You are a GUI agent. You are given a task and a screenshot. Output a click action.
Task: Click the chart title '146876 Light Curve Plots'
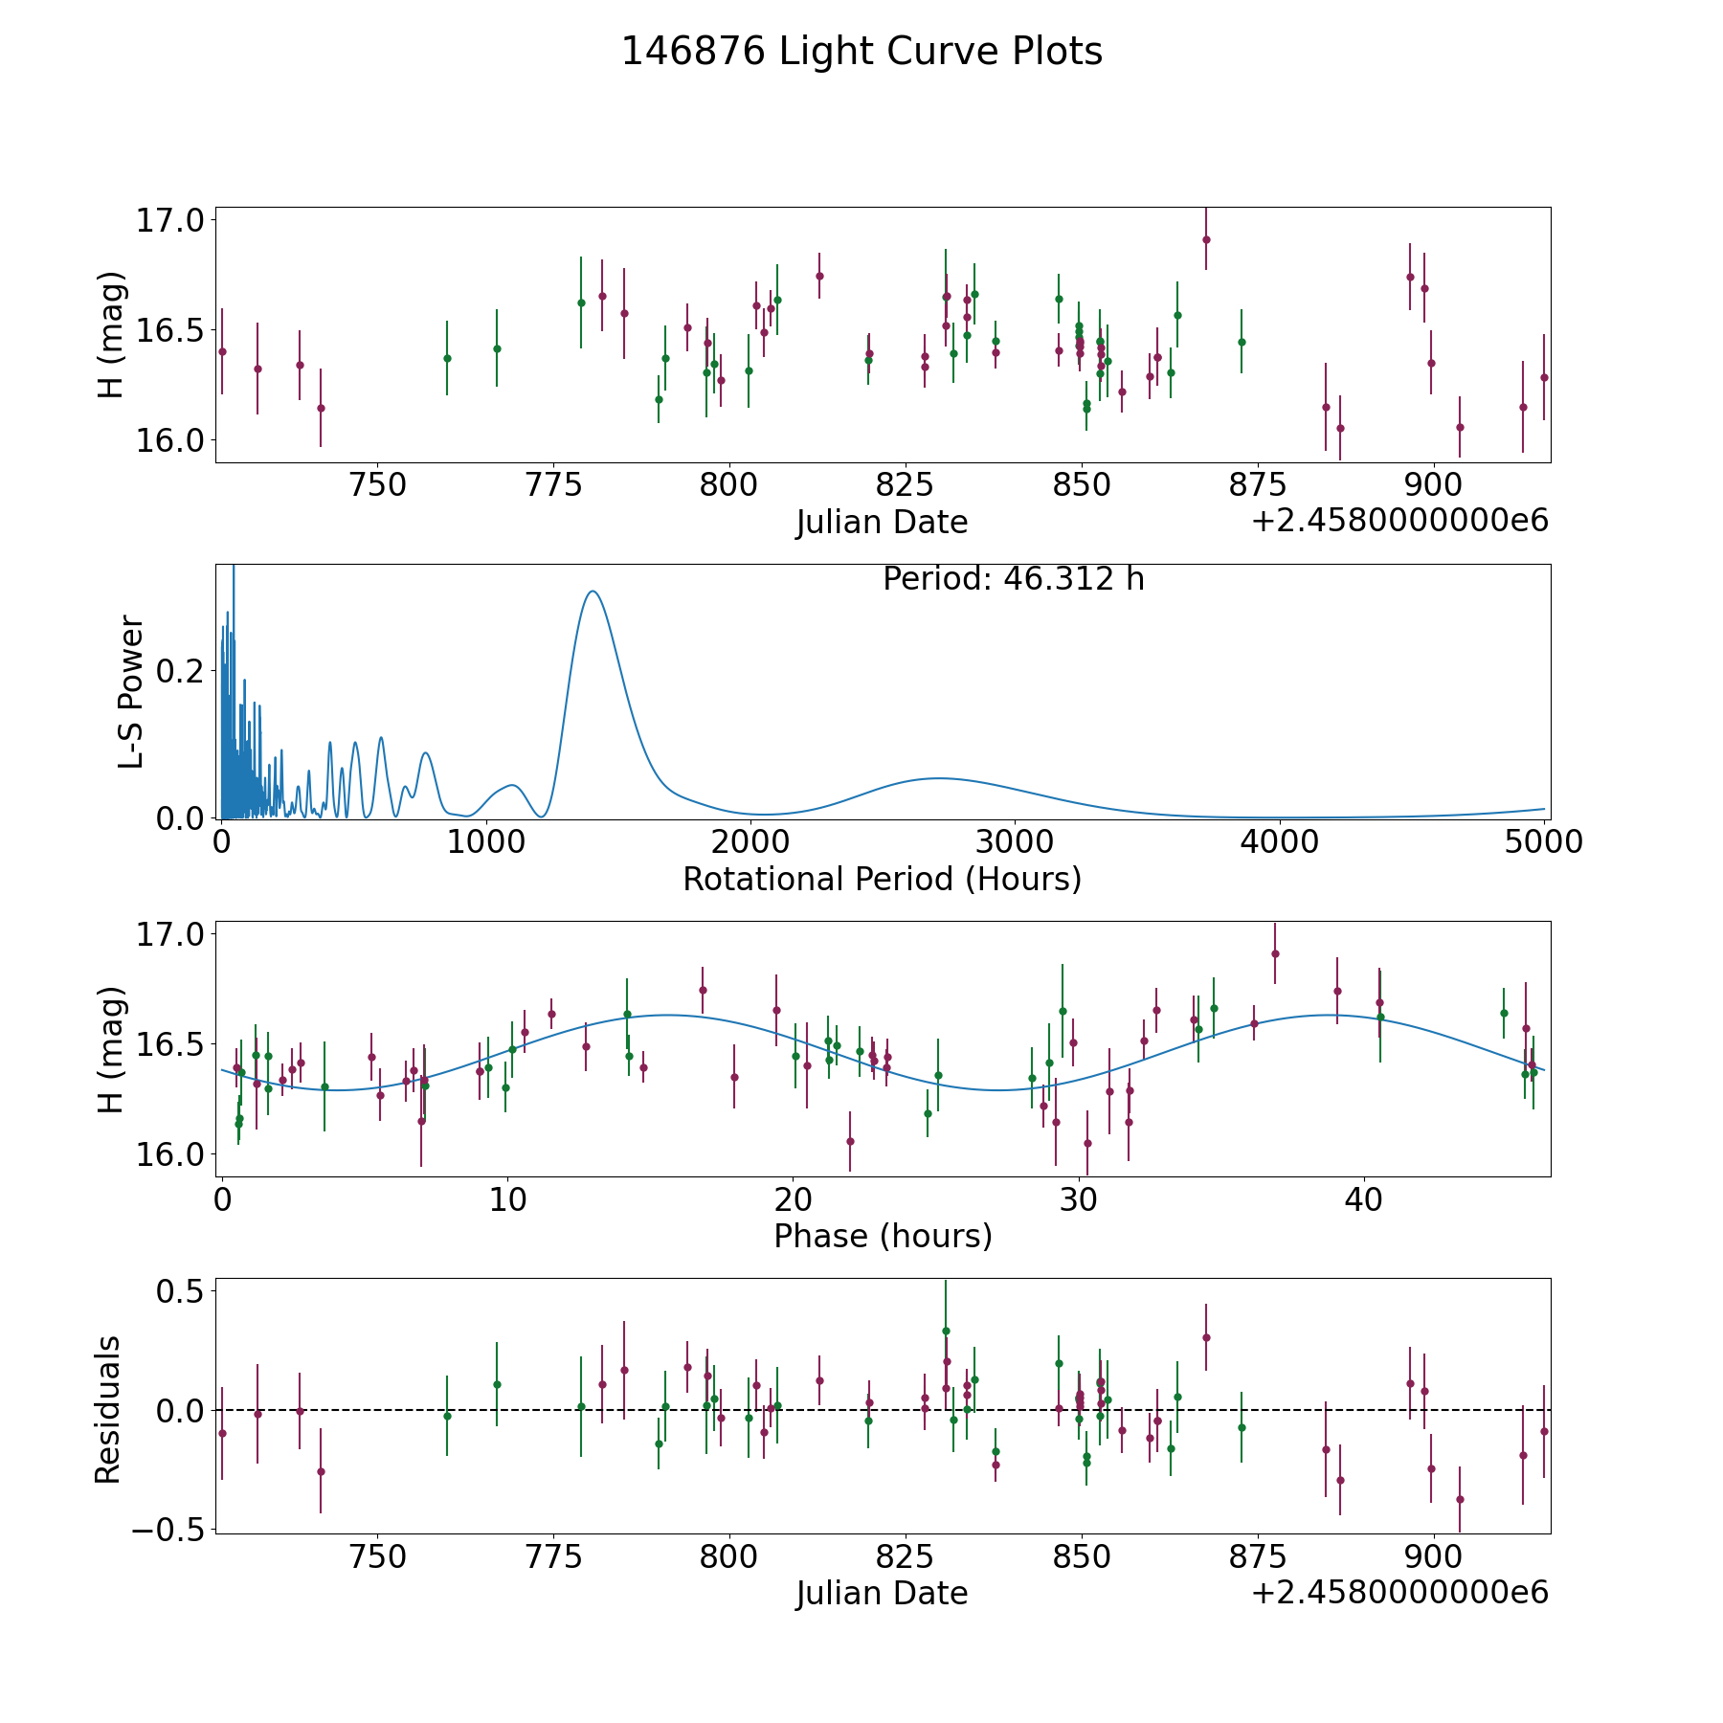coord(861,52)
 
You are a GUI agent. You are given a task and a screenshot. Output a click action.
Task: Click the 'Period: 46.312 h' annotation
coord(1014,579)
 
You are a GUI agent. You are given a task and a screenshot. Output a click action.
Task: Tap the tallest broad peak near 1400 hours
coord(593,592)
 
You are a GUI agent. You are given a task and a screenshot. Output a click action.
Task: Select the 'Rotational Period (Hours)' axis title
coord(882,879)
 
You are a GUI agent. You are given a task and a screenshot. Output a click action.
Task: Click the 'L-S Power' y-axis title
coord(131,692)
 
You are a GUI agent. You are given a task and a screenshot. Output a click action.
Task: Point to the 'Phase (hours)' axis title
coord(883,1236)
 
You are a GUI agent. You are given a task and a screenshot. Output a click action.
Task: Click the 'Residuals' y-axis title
coord(108,1410)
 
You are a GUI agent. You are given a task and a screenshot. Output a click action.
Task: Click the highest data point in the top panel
coord(1206,239)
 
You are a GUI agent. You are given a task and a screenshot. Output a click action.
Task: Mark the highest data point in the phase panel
coord(1275,953)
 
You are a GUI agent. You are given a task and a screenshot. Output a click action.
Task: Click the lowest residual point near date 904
coord(1460,1499)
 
